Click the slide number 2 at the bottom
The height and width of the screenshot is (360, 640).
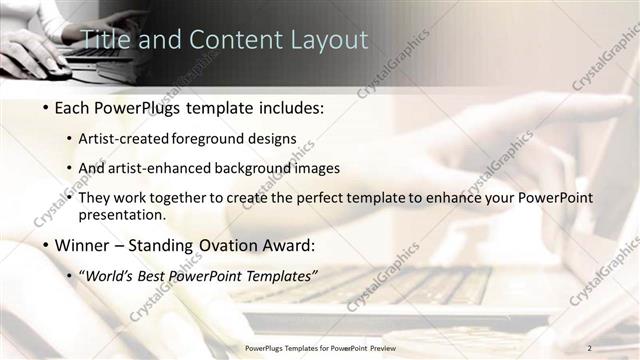point(589,347)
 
